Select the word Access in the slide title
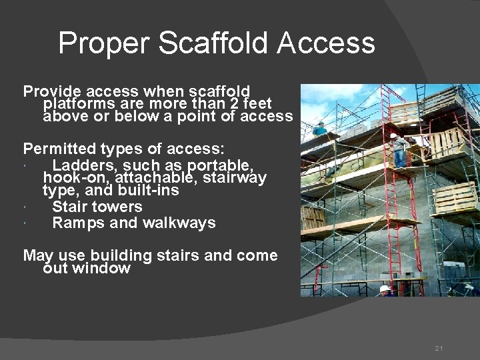(x=326, y=44)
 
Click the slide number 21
(x=438, y=349)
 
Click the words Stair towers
(x=97, y=207)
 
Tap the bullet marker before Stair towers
(x=24, y=207)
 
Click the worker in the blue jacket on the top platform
(x=320, y=129)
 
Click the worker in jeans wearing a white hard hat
(x=399, y=151)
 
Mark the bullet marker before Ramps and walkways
(x=24, y=224)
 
